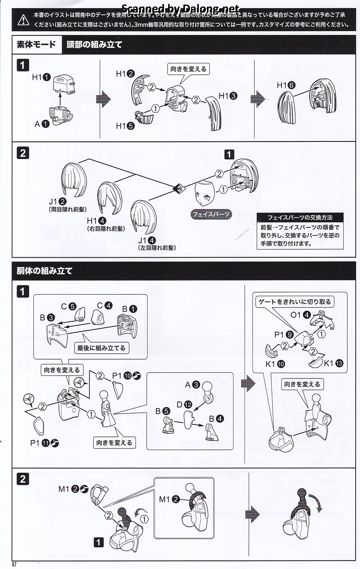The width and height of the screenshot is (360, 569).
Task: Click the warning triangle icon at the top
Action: (x=24, y=19)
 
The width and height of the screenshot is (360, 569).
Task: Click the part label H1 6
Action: (x=286, y=86)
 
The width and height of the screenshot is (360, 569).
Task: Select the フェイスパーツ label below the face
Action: (x=211, y=214)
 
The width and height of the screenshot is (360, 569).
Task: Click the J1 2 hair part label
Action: (x=57, y=201)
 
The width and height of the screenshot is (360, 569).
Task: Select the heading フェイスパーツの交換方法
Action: (x=300, y=218)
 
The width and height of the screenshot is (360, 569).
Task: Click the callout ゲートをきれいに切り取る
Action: (x=295, y=302)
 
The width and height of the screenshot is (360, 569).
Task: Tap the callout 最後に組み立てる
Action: (x=101, y=348)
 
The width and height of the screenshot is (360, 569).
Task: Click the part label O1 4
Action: (x=301, y=315)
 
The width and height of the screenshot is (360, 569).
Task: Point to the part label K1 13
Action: (x=334, y=363)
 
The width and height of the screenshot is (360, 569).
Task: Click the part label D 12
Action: (x=184, y=405)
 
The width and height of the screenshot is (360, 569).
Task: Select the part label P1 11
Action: (x=44, y=443)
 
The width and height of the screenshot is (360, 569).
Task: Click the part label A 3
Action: (x=192, y=385)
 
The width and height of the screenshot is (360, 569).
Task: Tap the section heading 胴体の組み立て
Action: (x=45, y=271)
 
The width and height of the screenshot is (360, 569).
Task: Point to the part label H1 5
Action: (x=125, y=126)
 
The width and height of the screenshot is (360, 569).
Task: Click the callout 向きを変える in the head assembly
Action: (x=188, y=69)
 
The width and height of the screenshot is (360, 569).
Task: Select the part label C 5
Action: (x=68, y=306)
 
